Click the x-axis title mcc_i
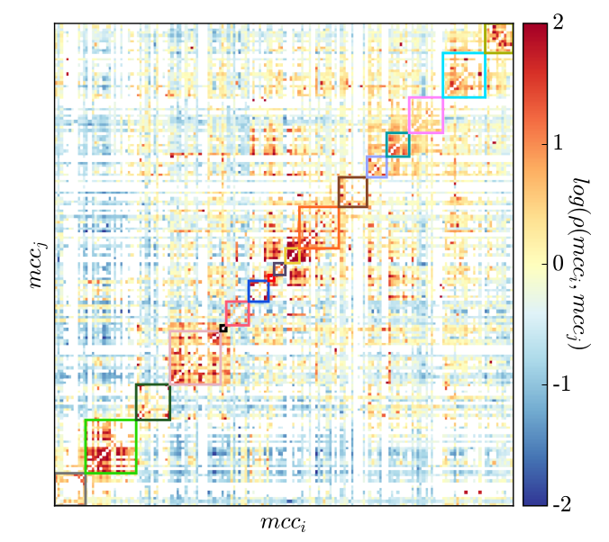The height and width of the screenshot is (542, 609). [x=285, y=522]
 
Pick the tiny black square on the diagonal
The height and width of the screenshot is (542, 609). [x=223, y=328]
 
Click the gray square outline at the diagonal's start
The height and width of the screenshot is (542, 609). [x=69, y=488]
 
